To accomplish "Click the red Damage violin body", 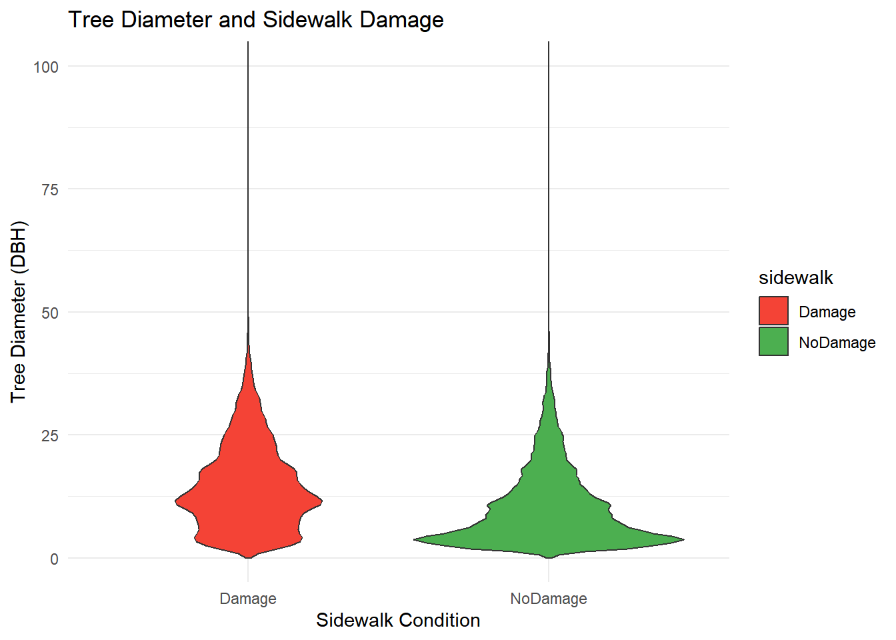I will click(x=248, y=493).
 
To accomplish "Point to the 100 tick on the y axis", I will click(x=46, y=67).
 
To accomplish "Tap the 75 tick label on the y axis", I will click(x=50, y=190).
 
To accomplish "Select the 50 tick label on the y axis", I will click(x=50, y=313).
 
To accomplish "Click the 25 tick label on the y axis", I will click(x=50, y=436).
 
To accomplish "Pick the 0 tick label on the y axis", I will click(x=54, y=559).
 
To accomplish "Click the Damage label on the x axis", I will click(x=248, y=599).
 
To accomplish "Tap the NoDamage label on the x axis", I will click(x=549, y=599).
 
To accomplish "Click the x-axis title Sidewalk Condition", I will click(x=398, y=621).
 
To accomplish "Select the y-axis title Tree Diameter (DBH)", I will click(x=19, y=312).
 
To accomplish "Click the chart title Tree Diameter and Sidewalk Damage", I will click(x=256, y=20).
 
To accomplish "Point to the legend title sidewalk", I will click(x=796, y=277).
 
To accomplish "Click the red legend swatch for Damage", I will click(x=773, y=311).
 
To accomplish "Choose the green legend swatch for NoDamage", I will click(x=773, y=342).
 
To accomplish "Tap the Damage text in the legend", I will click(x=827, y=312).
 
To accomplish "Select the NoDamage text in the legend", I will click(x=837, y=343).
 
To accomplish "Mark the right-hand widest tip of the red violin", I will click(x=321, y=500).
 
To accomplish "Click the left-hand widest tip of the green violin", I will click(x=415, y=539).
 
